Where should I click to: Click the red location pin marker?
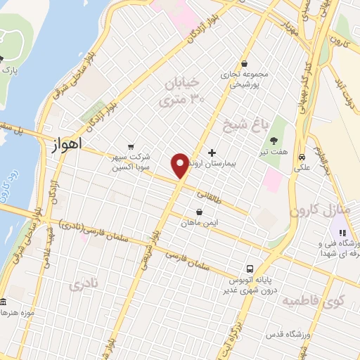point(181,165)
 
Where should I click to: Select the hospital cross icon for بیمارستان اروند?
point(212,153)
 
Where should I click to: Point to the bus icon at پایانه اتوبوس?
point(250,268)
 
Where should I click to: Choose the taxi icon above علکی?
point(302,157)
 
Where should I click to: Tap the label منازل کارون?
point(314,210)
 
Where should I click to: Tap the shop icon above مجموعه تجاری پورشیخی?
point(243,62)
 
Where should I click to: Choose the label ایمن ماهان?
point(200,223)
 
